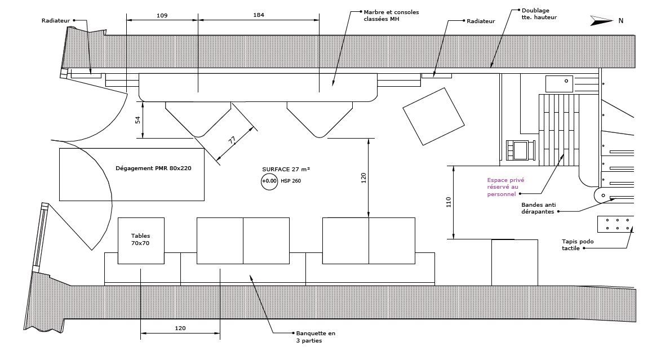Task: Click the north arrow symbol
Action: (601, 21)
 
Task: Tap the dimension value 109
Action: (162, 15)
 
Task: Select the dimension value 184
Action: (259, 15)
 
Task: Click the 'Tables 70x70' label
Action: (141, 240)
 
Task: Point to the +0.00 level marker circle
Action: (269, 181)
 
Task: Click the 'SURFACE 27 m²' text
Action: (286, 169)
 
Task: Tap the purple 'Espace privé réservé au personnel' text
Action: (505, 187)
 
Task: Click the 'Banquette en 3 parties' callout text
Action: (315, 337)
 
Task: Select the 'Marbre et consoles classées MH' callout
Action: (391, 15)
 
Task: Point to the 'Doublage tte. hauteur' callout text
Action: (539, 14)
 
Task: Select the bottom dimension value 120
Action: (180, 328)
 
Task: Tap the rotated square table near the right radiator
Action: (433, 116)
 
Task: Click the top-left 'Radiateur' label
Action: (56, 21)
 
